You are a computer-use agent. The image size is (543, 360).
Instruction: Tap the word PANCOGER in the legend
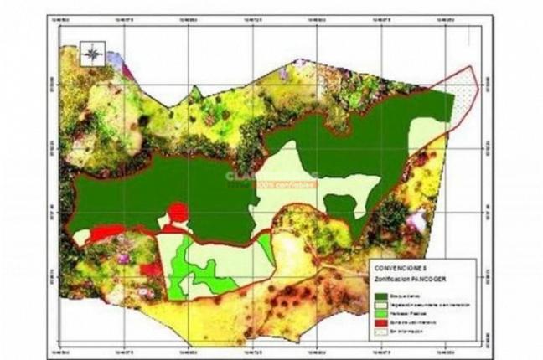430,277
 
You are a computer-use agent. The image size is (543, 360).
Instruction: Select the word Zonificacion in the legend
394,277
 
